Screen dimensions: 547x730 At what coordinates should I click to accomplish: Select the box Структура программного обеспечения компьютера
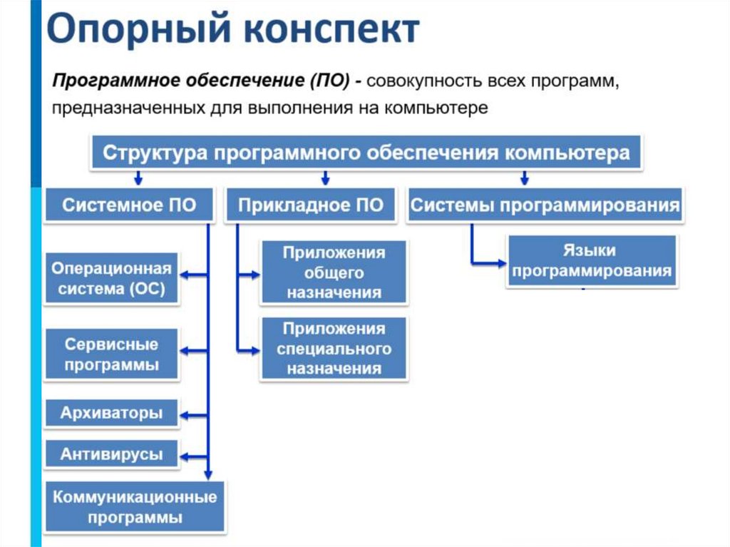pos(366,153)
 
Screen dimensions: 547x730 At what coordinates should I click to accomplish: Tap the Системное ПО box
pos(128,205)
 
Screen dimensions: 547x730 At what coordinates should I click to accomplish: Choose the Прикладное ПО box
pos(310,205)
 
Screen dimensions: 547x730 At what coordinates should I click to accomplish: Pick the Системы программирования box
pos(545,205)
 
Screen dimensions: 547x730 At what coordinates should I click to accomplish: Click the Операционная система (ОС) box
pos(111,278)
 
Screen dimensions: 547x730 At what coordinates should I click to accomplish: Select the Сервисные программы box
pos(111,354)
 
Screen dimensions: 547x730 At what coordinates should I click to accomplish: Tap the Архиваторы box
pos(111,412)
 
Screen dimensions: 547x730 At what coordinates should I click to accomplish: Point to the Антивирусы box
pos(111,454)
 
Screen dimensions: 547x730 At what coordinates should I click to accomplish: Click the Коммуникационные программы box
pos(135,506)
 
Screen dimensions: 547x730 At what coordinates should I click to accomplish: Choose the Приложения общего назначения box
pos(334,272)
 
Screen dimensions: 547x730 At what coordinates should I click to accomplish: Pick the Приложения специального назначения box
pos(334,349)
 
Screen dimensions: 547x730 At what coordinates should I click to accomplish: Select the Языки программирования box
pos(592,261)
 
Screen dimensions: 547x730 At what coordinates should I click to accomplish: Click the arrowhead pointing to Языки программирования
pos(500,264)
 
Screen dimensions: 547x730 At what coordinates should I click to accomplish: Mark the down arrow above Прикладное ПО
pos(325,178)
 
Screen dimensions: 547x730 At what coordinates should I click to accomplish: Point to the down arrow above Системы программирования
pos(525,178)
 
